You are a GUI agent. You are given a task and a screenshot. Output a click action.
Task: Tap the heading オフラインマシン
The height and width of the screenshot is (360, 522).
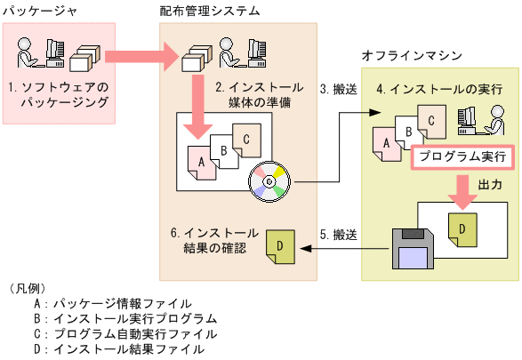tap(412, 55)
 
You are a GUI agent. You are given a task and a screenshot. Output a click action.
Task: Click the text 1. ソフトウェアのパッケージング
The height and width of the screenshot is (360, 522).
tap(58, 95)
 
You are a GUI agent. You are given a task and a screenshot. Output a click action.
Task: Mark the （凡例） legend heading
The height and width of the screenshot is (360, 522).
tap(26, 287)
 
